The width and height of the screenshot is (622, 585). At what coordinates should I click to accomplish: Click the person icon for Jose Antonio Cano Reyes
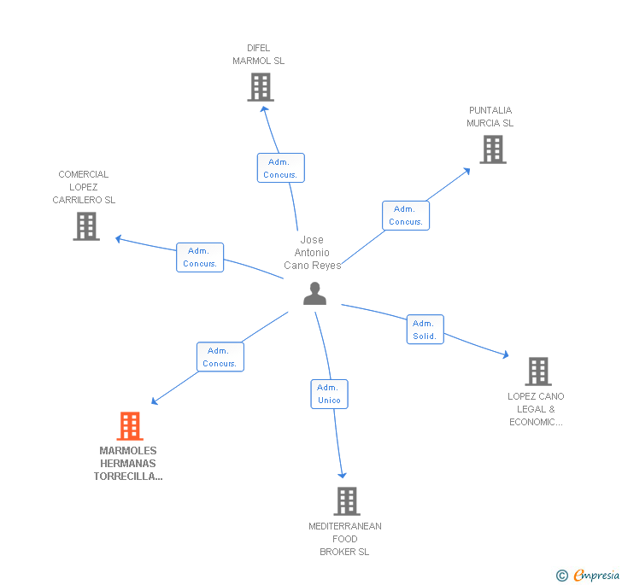coord(315,293)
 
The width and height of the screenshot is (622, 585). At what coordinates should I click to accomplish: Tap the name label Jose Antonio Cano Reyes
coord(312,253)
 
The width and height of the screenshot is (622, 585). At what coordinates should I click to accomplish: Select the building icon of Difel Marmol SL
coord(261,87)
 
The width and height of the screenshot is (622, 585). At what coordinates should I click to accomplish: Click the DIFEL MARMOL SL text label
coord(258,55)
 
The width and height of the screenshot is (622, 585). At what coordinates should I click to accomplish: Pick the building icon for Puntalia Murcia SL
coord(492,149)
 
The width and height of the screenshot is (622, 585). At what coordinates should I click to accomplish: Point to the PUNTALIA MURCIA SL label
coord(490,117)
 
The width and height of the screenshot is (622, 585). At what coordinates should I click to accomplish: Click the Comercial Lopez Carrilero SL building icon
coord(86,226)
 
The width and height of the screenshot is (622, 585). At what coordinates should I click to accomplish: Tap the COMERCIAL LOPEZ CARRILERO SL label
coord(84,187)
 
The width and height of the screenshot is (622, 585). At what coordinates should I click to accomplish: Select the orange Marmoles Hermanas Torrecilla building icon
coord(129,425)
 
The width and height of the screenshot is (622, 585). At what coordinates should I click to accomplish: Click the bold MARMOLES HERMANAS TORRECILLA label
coord(128,464)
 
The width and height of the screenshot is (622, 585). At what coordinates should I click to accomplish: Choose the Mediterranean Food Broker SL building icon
coord(346,501)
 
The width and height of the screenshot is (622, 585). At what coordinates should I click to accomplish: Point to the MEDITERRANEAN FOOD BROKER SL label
coord(344,539)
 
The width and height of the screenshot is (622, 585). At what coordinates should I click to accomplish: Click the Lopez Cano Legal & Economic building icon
coord(537,371)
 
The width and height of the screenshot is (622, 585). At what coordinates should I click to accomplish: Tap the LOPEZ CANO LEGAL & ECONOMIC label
coord(536,409)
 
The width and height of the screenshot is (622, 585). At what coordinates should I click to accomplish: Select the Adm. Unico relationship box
coord(329,394)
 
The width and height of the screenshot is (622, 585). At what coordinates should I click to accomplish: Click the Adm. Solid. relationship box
coord(425,330)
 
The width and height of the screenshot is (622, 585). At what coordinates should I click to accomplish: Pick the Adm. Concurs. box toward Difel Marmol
coord(280,168)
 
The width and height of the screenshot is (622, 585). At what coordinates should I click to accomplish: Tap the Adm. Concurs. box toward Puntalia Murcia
coord(405,215)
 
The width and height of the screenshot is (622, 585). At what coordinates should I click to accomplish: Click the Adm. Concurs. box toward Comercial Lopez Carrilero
coord(200,257)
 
